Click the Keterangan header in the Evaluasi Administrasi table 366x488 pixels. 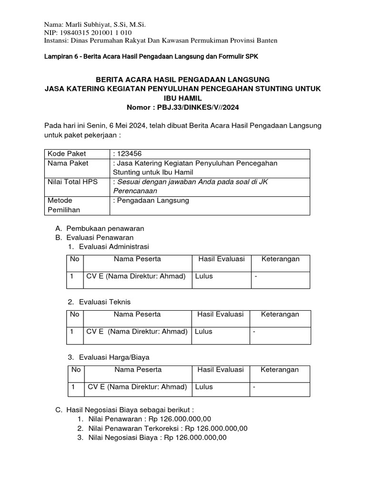point(281,259)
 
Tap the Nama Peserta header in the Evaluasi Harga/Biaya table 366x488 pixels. point(138,369)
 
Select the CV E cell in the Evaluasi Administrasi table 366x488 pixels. point(135,276)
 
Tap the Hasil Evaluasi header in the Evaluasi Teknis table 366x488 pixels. point(220,314)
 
